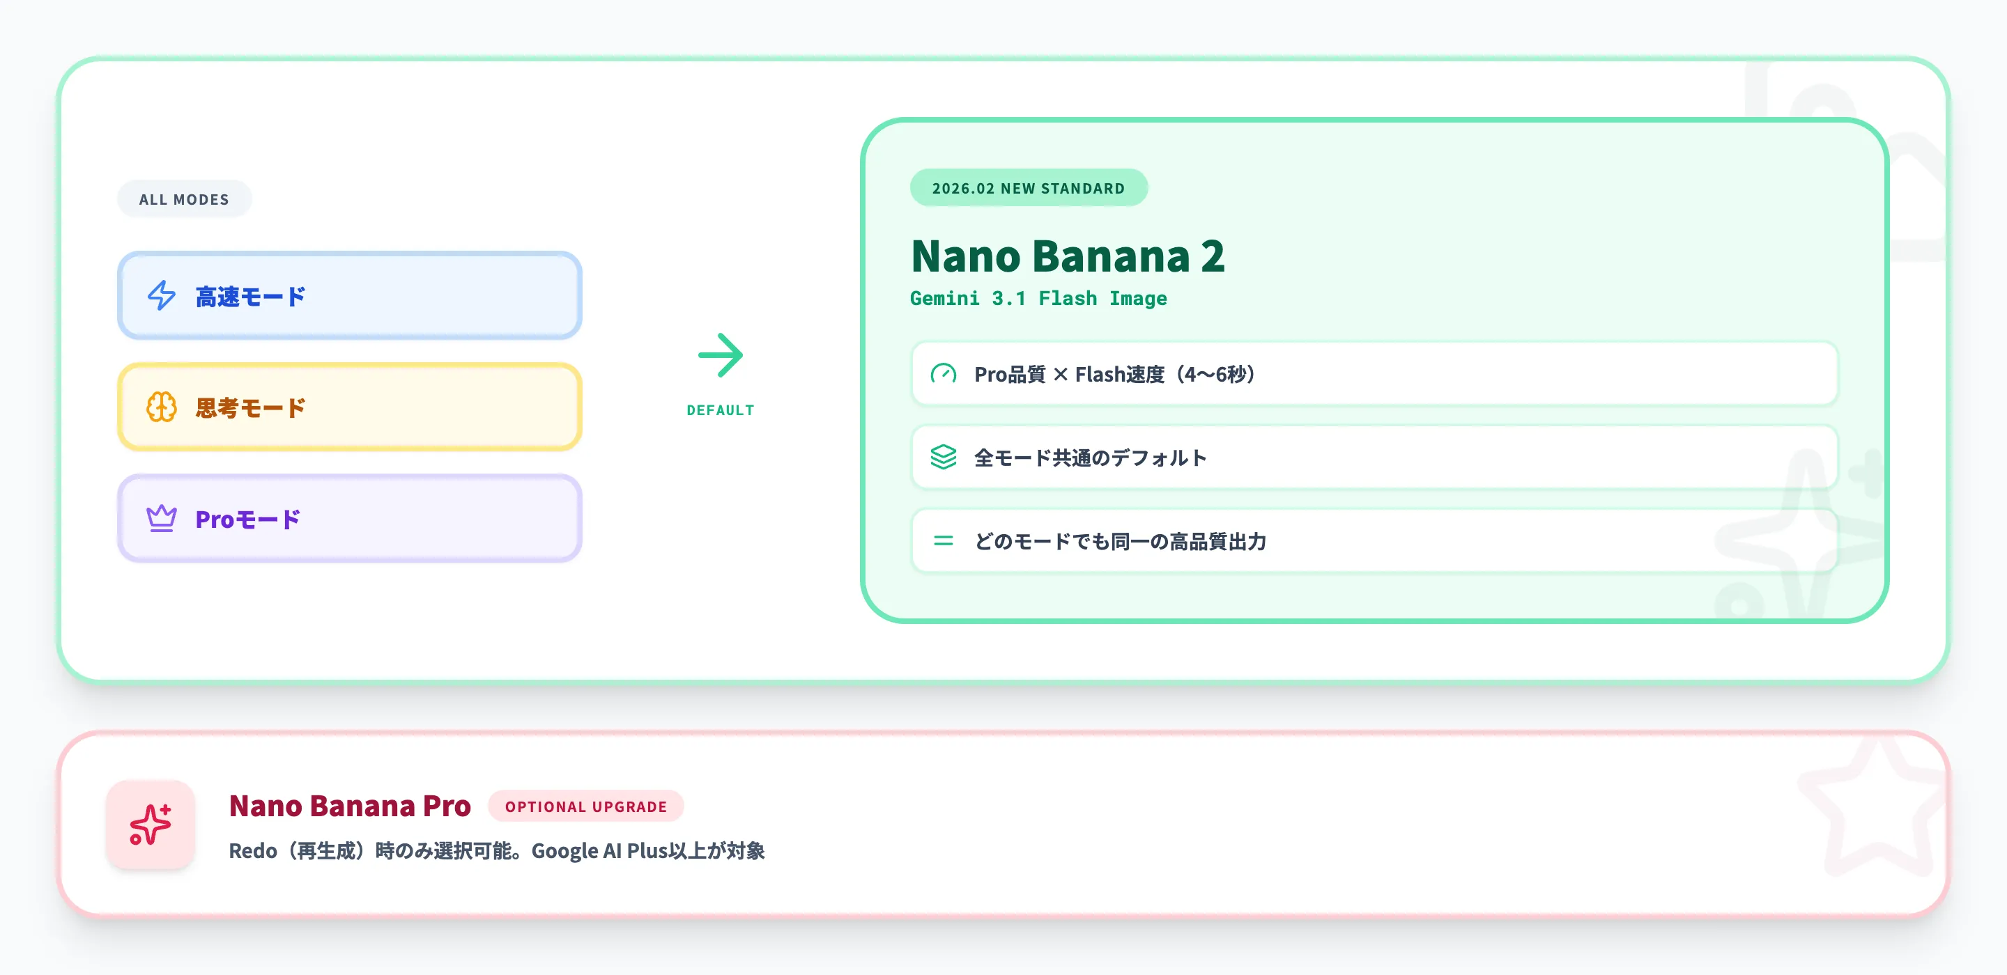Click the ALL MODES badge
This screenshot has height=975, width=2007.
tap(184, 199)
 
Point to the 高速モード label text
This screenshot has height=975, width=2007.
tap(250, 297)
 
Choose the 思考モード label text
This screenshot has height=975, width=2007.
tap(250, 408)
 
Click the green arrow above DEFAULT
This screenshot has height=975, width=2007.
tap(721, 356)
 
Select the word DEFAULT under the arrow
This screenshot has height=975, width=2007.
tap(721, 410)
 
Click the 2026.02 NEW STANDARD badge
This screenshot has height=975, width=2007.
tap(1029, 189)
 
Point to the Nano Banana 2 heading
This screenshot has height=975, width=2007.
tap(1068, 256)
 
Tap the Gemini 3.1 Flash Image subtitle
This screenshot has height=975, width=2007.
tap(1038, 298)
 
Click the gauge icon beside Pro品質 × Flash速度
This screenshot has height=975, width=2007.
tap(944, 374)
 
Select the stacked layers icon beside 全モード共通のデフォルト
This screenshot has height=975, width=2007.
tap(944, 457)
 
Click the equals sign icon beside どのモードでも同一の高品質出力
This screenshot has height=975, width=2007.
tap(944, 540)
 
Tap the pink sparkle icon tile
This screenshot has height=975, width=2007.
tap(151, 825)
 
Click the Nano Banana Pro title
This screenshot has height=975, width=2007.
tap(350, 806)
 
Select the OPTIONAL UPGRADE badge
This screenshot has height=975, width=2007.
tap(586, 806)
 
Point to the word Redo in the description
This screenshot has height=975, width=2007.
tap(252, 851)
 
